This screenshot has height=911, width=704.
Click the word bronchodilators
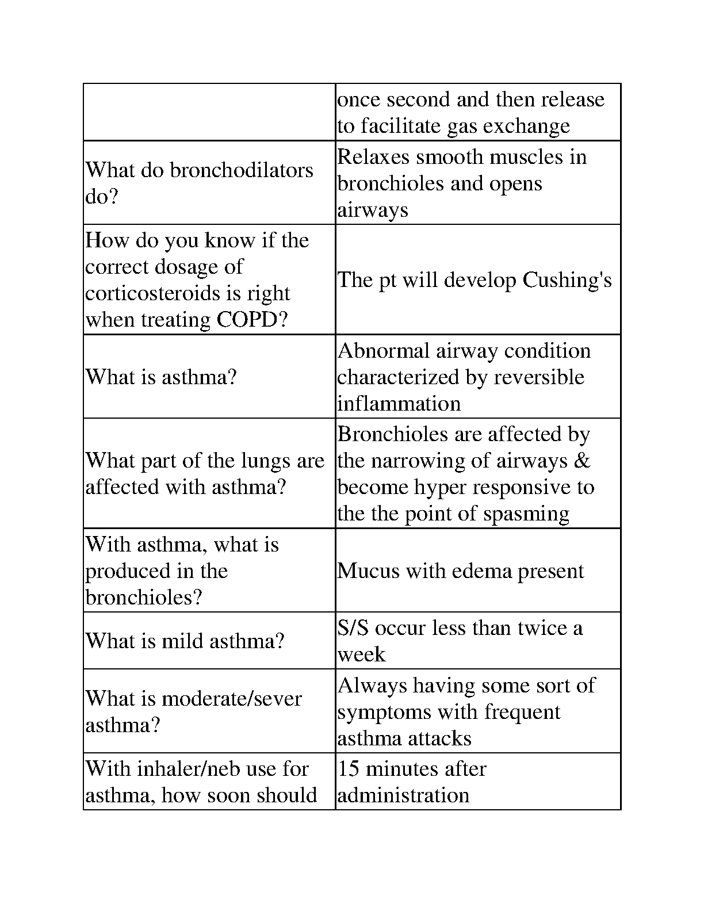coord(242,170)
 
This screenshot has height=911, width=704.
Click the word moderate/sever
coord(231,699)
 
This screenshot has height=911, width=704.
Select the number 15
coord(348,769)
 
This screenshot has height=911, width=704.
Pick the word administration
coord(403,795)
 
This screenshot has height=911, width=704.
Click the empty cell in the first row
coord(209,112)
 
